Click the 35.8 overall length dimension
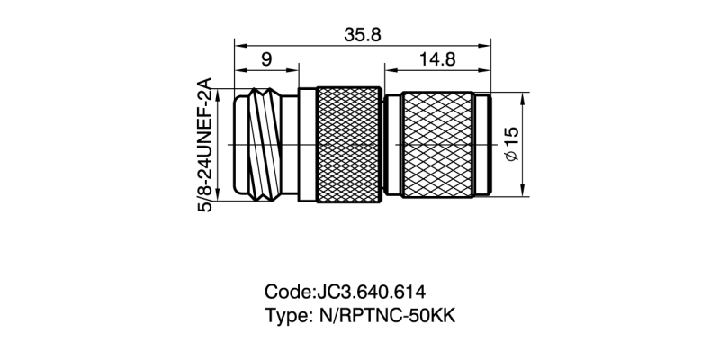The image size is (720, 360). (364, 33)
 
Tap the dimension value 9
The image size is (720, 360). (266, 59)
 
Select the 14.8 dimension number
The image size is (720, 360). (438, 59)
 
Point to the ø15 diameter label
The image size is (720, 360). (512, 144)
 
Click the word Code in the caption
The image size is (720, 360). (287, 292)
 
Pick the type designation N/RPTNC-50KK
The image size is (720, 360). (391, 318)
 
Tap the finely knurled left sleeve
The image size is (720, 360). (349, 144)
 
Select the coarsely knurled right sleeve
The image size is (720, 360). (436, 144)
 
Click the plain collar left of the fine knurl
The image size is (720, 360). (306, 144)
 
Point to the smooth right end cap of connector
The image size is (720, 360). (484, 144)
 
